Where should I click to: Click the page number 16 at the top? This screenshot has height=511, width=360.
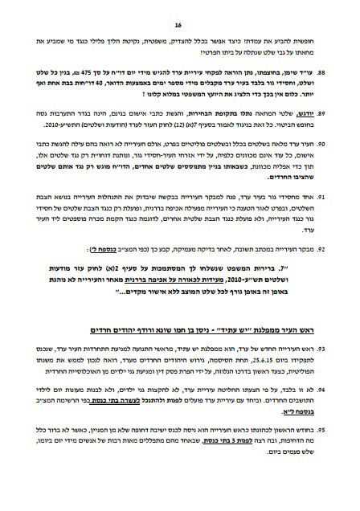180,14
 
